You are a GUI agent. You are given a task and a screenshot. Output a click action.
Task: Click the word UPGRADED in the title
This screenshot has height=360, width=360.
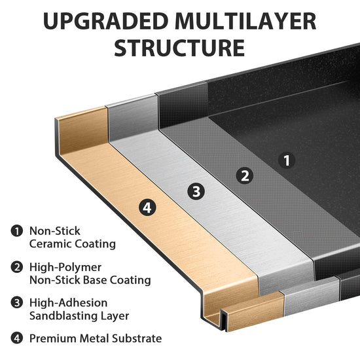point(106,21)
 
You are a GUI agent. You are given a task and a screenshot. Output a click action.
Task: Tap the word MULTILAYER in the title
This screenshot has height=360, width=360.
point(245,21)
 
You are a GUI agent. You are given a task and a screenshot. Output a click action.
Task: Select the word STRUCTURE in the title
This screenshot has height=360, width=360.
point(179,48)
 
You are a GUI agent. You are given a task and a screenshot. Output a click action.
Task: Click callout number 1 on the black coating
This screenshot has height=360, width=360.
point(287,160)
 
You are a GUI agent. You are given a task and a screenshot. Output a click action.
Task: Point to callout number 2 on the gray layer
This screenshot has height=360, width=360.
point(245,176)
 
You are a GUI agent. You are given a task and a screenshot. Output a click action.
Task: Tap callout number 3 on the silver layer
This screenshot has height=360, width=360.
point(196,192)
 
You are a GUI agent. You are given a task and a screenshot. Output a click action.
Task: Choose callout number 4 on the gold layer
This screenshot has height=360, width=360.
point(147,208)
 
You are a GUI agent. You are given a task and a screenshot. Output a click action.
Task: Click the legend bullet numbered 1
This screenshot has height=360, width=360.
point(17,231)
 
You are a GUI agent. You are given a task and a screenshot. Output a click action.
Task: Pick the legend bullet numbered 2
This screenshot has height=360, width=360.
point(17,267)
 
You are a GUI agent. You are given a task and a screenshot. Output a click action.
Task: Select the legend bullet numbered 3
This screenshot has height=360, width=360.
point(17,302)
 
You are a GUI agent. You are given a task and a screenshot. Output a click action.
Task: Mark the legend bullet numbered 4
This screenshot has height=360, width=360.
point(17,338)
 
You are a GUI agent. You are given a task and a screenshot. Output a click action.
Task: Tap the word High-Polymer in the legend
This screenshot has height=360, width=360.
point(65,268)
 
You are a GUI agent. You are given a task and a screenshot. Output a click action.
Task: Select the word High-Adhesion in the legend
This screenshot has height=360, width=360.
point(69,303)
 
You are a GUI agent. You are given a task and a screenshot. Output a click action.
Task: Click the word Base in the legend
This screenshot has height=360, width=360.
point(95,280)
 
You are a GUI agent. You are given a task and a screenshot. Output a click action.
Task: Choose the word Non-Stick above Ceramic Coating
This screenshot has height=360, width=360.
point(54,231)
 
